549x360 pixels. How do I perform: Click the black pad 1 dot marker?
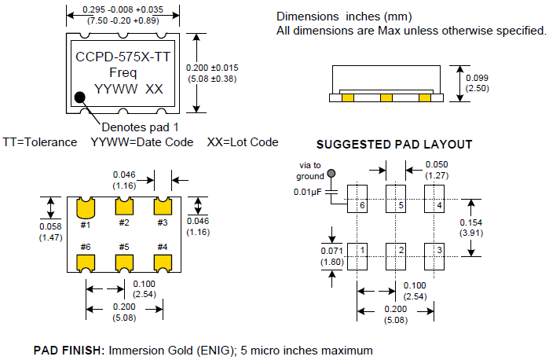point(80,98)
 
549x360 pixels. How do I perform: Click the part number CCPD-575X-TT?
point(123,57)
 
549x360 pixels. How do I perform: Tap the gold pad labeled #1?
point(86,207)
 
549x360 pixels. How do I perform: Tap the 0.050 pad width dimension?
point(437,164)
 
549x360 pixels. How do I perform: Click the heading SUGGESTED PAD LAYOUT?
point(393,144)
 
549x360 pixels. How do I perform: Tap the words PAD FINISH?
point(68,349)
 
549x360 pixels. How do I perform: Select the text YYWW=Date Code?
point(141,142)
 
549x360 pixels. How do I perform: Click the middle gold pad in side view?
point(386,98)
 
